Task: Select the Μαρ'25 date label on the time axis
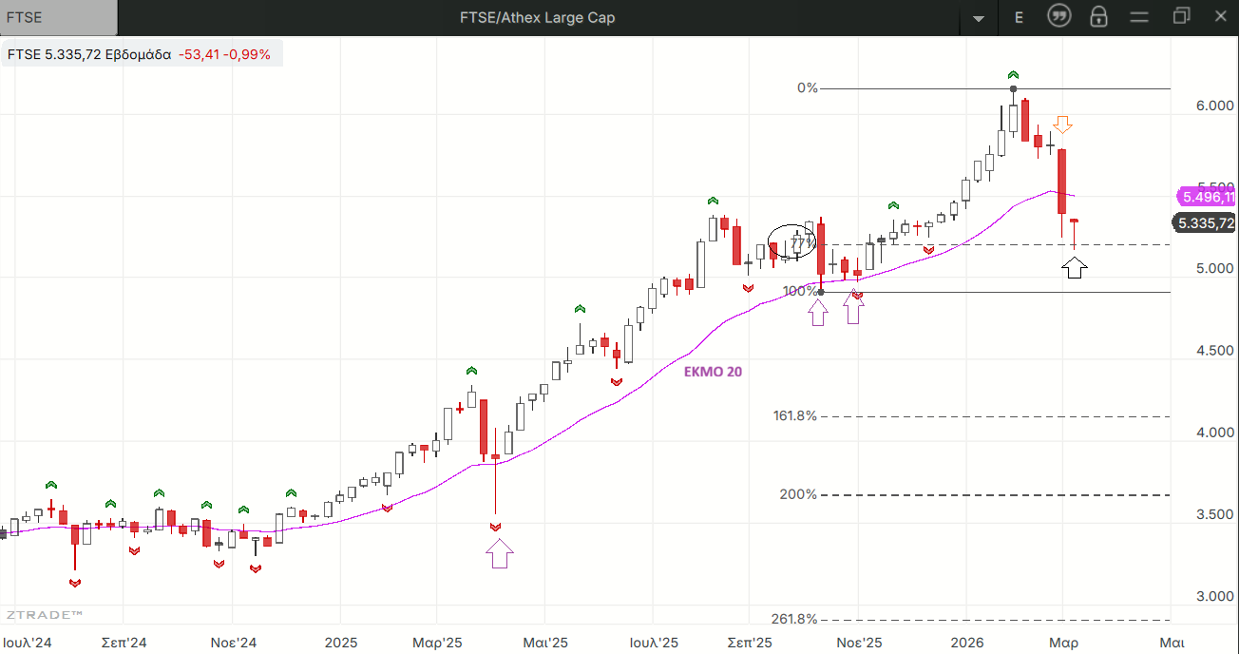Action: (x=437, y=643)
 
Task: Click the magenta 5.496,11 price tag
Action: (x=1206, y=197)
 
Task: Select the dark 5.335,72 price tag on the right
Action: (x=1206, y=223)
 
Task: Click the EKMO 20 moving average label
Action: (x=713, y=372)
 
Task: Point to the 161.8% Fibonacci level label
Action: (x=795, y=415)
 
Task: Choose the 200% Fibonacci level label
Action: (x=798, y=494)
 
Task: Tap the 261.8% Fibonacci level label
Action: (x=794, y=619)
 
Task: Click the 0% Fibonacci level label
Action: (x=807, y=87)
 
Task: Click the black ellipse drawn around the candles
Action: (x=791, y=241)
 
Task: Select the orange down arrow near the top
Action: (x=1063, y=125)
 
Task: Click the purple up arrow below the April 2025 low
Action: (x=499, y=552)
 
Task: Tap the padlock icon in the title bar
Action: (x=1098, y=17)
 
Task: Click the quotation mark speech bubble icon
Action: (x=1058, y=16)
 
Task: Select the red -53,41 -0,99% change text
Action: (x=224, y=54)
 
